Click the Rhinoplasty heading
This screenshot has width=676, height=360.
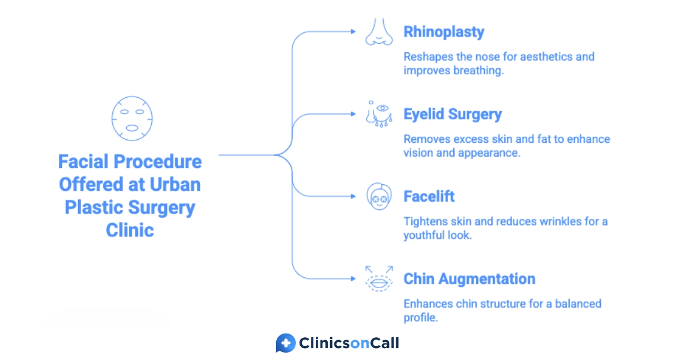(444, 32)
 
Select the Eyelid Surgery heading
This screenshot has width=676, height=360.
(453, 115)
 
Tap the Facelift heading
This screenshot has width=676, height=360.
(429, 196)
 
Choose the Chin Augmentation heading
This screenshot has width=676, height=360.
(469, 279)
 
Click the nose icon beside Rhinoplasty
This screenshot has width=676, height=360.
(379, 32)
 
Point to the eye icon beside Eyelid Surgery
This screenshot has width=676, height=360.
(379, 114)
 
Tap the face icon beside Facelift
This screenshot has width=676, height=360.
(379, 196)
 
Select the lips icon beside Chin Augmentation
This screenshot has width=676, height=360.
(379, 278)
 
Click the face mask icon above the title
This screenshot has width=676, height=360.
(132, 118)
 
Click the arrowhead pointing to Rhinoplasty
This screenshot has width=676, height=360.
(353, 31)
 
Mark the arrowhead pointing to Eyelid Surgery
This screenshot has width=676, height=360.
(353, 114)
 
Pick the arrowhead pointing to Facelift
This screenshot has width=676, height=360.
(353, 196)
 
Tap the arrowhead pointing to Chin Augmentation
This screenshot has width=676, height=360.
(353, 278)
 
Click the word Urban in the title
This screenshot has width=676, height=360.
(175, 185)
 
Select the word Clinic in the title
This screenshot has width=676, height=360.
(130, 230)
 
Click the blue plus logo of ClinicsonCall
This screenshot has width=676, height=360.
(286, 343)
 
